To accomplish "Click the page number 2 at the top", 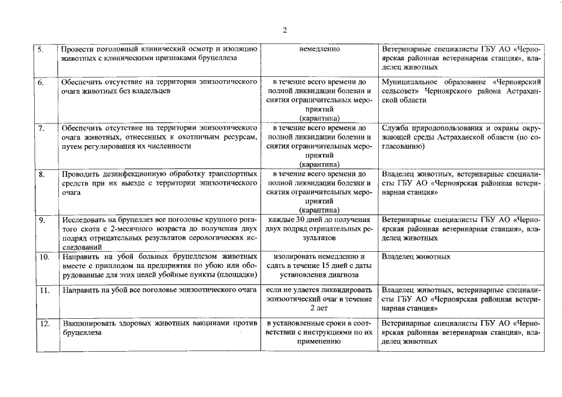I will pos(284,30).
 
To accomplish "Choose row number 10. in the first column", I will pos(44,256).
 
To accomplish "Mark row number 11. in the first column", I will pos(44,290).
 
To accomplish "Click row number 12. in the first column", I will pos(44,324).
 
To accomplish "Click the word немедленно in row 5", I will pos(319,48).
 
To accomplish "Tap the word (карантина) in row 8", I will pos(319,210).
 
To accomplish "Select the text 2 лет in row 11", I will pos(319,308).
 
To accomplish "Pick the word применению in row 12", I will pos(319,342).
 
